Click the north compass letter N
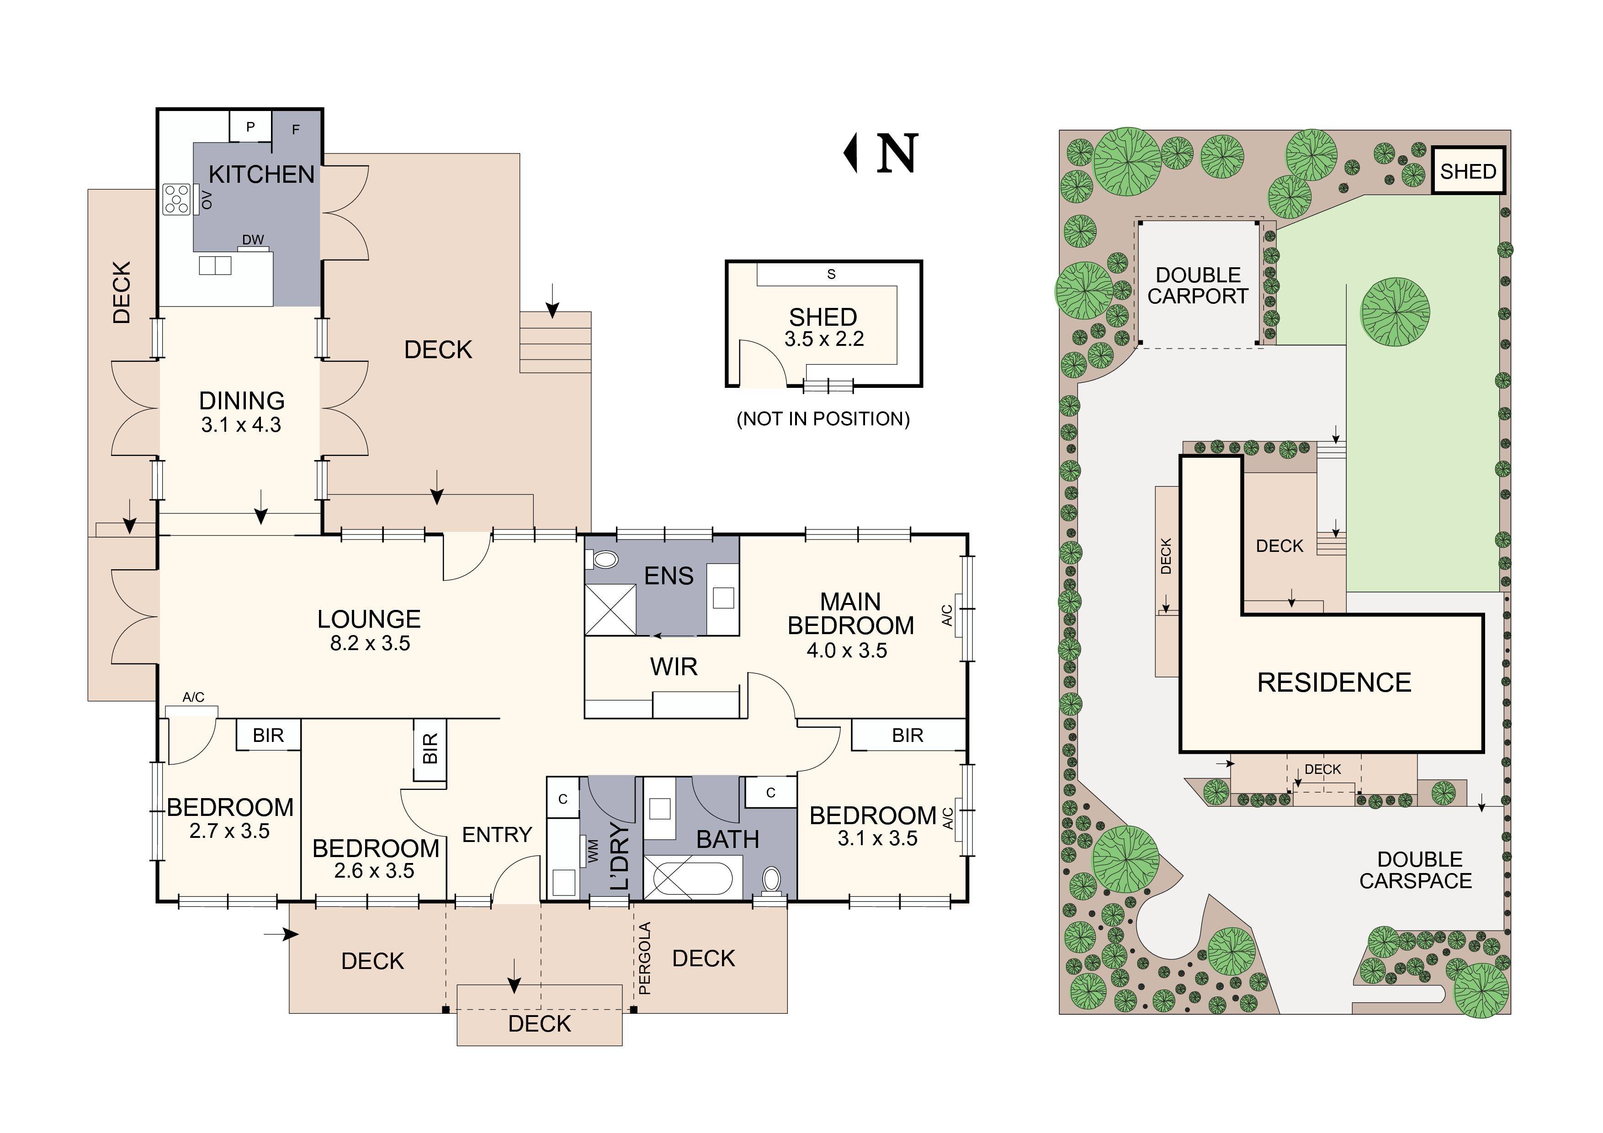click(897, 154)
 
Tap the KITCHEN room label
click(262, 175)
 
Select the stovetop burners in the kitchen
click(177, 199)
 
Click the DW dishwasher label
click(253, 239)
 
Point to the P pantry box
click(251, 127)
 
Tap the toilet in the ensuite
click(605, 559)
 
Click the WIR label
click(674, 667)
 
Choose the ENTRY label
click(497, 835)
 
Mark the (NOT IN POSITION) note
click(823, 419)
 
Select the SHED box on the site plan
click(1468, 171)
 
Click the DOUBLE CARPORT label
click(1198, 286)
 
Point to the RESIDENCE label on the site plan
click(1334, 682)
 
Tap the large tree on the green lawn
click(1395, 312)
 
